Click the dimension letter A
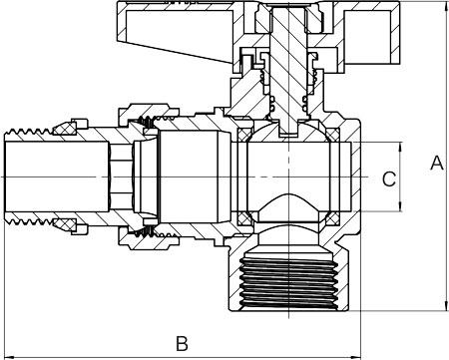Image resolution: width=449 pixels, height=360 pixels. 437,163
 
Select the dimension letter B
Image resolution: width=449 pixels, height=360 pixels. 182,343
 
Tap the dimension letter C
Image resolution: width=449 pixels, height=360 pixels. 389,179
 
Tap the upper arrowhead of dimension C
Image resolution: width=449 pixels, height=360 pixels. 400,148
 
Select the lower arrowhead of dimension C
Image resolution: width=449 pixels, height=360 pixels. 400,205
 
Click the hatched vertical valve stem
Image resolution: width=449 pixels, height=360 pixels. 288,67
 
